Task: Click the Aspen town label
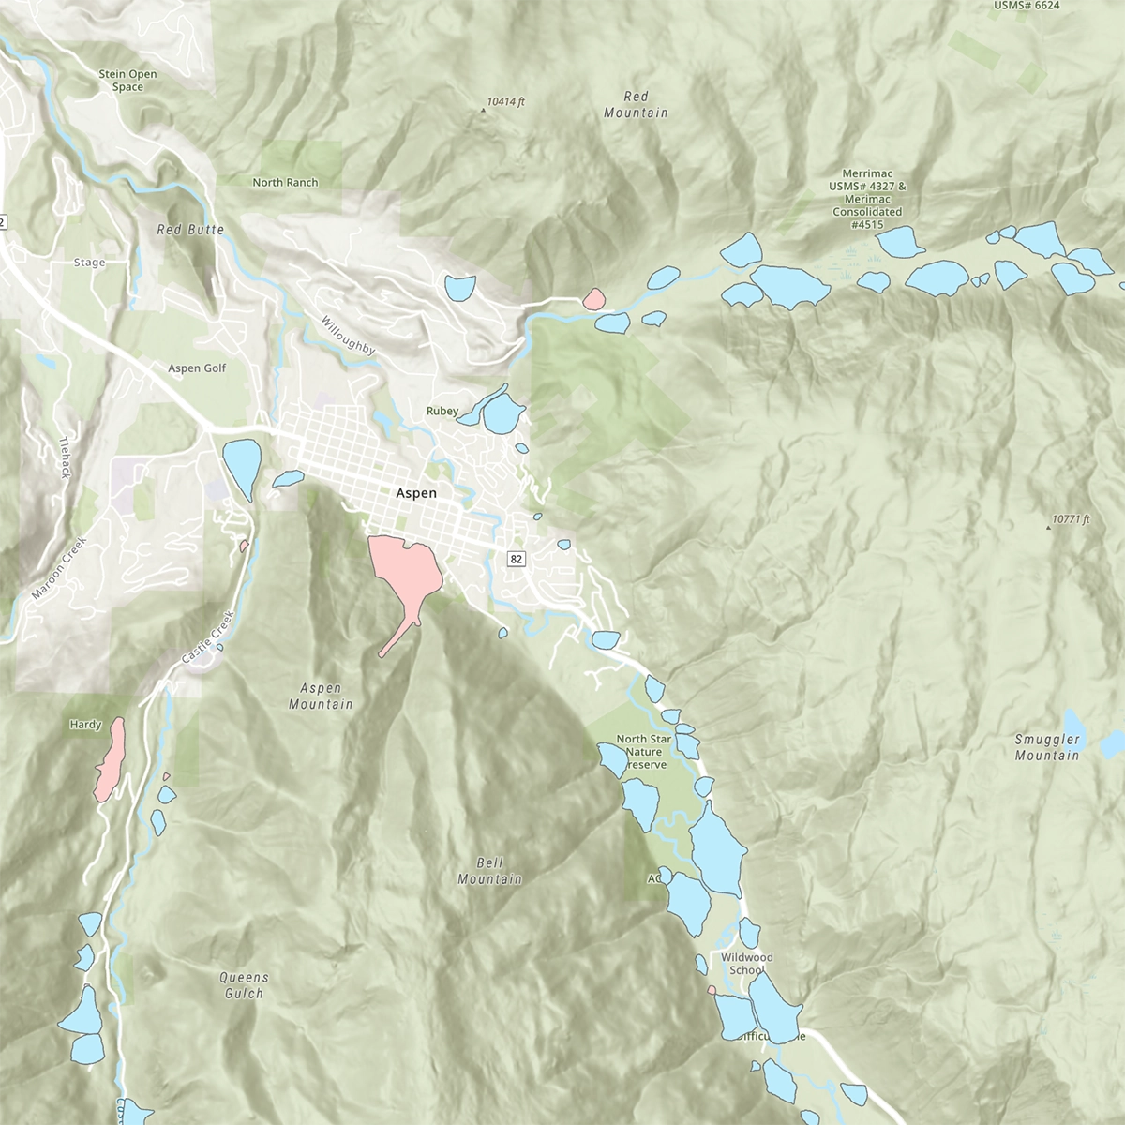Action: pos(416,492)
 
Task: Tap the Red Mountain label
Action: pos(636,104)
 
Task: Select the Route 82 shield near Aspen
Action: pos(516,559)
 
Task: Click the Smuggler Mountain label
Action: pos(1047,747)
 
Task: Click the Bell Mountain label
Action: pos(489,871)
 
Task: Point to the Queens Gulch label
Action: pos(243,985)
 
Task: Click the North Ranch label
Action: pos(285,183)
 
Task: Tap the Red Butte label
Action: pos(190,230)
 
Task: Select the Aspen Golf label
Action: pos(197,368)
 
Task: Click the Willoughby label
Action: pos(348,336)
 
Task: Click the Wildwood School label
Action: pos(746,964)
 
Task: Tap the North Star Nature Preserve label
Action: pos(644,752)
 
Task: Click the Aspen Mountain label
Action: pos(321,696)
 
